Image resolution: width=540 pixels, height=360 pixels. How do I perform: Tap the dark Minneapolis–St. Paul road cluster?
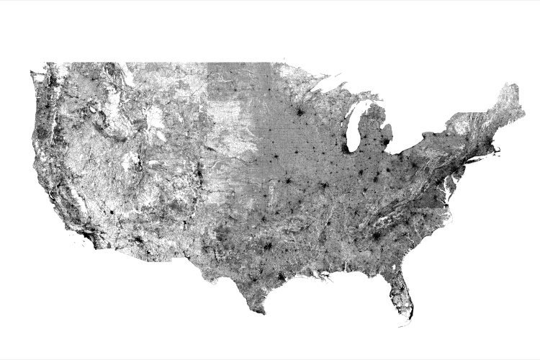pos(297,112)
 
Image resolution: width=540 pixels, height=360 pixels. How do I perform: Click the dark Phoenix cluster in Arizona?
pos(137,239)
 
